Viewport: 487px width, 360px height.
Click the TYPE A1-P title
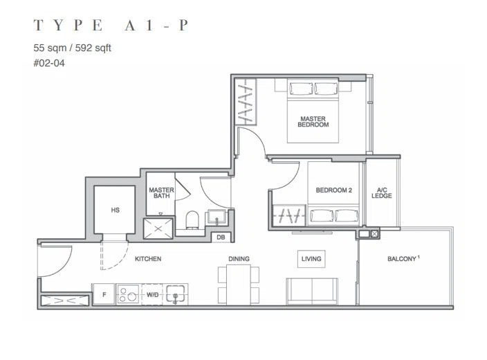(x=111, y=25)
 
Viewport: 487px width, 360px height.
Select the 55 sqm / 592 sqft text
(x=72, y=48)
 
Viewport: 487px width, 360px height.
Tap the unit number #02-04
(x=49, y=64)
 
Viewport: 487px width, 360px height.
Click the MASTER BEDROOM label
(x=313, y=122)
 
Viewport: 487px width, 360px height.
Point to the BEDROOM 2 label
(x=334, y=190)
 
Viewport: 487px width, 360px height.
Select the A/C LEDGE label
(x=382, y=192)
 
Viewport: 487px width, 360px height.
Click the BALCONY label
(x=402, y=259)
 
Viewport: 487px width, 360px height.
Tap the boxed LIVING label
(x=311, y=259)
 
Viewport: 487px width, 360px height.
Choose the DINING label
(x=239, y=259)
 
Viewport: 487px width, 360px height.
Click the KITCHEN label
(x=148, y=259)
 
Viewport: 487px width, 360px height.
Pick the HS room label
(x=116, y=210)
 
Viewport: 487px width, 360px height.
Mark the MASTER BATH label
(x=161, y=192)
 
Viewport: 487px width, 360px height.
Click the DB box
(x=221, y=237)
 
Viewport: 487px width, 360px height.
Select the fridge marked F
(x=104, y=294)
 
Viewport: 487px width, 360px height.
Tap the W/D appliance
(x=152, y=294)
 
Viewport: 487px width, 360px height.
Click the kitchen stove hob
(x=129, y=294)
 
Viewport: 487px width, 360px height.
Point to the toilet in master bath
(x=192, y=219)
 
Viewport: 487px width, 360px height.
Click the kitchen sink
(x=175, y=294)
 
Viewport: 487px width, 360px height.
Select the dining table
(x=239, y=285)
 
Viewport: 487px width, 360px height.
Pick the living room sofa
(x=312, y=291)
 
